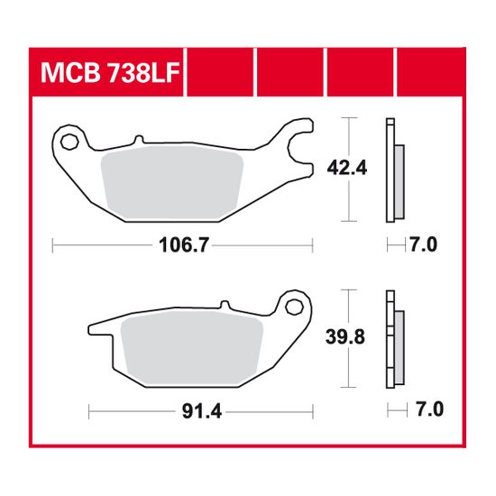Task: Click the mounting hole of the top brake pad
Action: coord(71,140)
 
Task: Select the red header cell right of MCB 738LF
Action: coord(221,72)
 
